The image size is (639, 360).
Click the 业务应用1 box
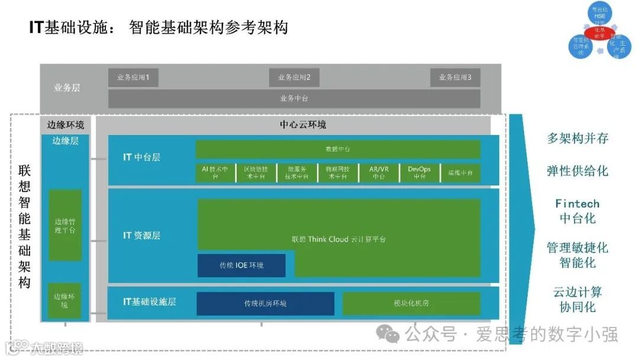(133, 78)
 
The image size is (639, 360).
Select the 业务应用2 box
(294, 78)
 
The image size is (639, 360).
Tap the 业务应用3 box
(455, 78)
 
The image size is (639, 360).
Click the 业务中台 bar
(294, 98)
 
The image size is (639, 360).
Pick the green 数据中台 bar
(338, 149)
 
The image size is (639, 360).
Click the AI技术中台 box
(215, 172)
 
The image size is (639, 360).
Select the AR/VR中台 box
(379, 172)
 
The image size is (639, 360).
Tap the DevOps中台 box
(419, 172)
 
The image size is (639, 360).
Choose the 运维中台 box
(460, 172)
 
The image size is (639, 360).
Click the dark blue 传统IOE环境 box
(241, 265)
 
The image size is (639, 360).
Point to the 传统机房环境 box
(265, 303)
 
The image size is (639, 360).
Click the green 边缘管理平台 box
(64, 225)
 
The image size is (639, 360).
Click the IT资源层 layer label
(141, 236)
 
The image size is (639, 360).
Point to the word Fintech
(577, 204)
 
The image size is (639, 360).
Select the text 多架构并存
(577, 139)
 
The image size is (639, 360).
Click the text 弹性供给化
(577, 171)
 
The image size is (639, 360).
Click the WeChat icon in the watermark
(388, 335)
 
